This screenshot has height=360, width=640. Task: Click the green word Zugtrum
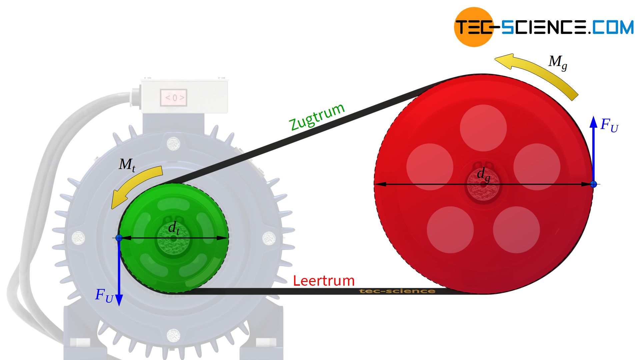(x=317, y=117)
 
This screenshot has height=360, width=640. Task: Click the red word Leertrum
(x=323, y=281)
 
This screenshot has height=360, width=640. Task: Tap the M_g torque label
(x=557, y=62)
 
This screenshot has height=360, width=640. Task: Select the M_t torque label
(x=127, y=165)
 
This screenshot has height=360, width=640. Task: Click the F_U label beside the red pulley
(x=609, y=125)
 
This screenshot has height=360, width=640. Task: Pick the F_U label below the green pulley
(x=104, y=295)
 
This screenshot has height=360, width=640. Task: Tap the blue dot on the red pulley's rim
(x=593, y=184)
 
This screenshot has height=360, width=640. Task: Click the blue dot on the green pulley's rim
(x=119, y=238)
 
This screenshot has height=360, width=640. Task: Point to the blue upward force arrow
(x=593, y=147)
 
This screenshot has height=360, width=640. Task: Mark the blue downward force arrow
(x=119, y=273)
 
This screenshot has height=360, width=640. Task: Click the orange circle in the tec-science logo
(x=473, y=27)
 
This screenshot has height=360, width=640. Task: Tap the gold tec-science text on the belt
(x=397, y=291)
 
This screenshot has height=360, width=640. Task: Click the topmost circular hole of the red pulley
(x=483, y=128)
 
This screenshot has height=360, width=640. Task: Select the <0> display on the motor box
(x=173, y=98)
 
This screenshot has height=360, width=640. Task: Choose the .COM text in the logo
(x=612, y=27)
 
